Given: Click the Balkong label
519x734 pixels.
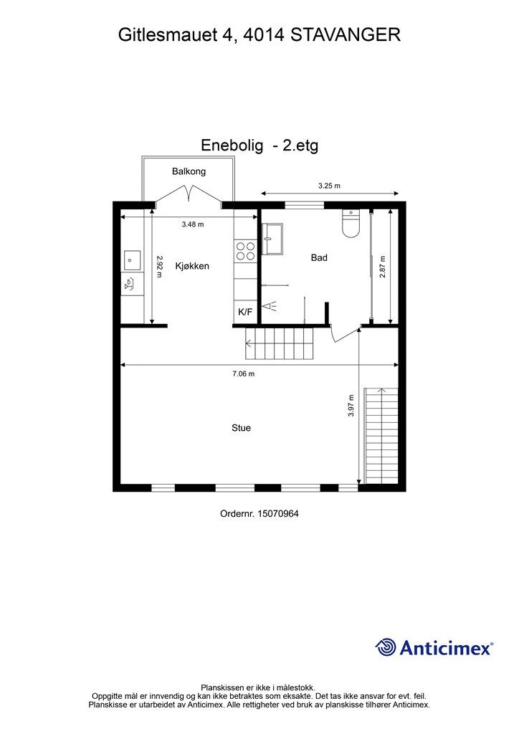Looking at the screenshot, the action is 189,171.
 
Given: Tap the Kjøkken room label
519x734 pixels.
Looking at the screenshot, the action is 192,266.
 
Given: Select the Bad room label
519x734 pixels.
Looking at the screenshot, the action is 319,257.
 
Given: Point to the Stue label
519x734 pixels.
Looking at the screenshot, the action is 241,428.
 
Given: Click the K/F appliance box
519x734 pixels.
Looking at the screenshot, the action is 245,312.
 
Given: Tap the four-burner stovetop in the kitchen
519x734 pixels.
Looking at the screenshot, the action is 245,251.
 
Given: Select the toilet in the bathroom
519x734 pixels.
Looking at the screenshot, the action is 351,224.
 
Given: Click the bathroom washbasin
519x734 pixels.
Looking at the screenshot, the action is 272,239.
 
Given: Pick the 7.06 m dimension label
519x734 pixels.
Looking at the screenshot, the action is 243,373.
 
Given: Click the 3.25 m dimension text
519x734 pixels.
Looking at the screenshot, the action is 329,186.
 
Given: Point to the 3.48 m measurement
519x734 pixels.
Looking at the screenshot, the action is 193,224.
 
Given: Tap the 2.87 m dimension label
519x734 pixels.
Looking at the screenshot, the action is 382,267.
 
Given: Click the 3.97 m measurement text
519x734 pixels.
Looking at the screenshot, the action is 351,406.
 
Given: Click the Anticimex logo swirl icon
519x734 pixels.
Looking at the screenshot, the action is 386,647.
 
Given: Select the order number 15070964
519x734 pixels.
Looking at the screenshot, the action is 278,513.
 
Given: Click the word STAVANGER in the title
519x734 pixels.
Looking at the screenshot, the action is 346,35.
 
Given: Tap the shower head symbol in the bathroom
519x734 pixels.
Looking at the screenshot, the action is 269,306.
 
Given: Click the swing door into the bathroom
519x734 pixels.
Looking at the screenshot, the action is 344,334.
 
